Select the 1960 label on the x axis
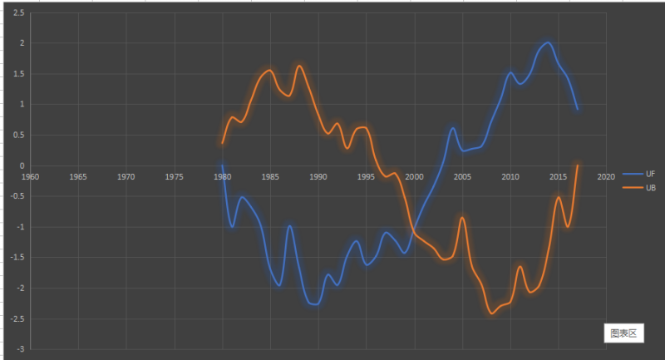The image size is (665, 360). coord(31,176)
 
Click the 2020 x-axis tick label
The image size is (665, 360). coord(605,176)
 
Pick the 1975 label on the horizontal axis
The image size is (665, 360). coord(175,176)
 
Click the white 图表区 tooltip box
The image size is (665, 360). coord(622,333)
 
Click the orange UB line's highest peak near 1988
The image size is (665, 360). coord(299,66)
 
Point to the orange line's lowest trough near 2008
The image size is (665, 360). coord(491,313)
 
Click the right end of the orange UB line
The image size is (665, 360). coord(577,165)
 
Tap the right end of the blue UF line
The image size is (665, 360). coord(577,109)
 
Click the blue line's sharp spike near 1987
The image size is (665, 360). coord(289,226)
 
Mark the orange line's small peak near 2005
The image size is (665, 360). coord(462,218)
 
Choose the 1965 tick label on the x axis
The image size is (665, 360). coord(78,176)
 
